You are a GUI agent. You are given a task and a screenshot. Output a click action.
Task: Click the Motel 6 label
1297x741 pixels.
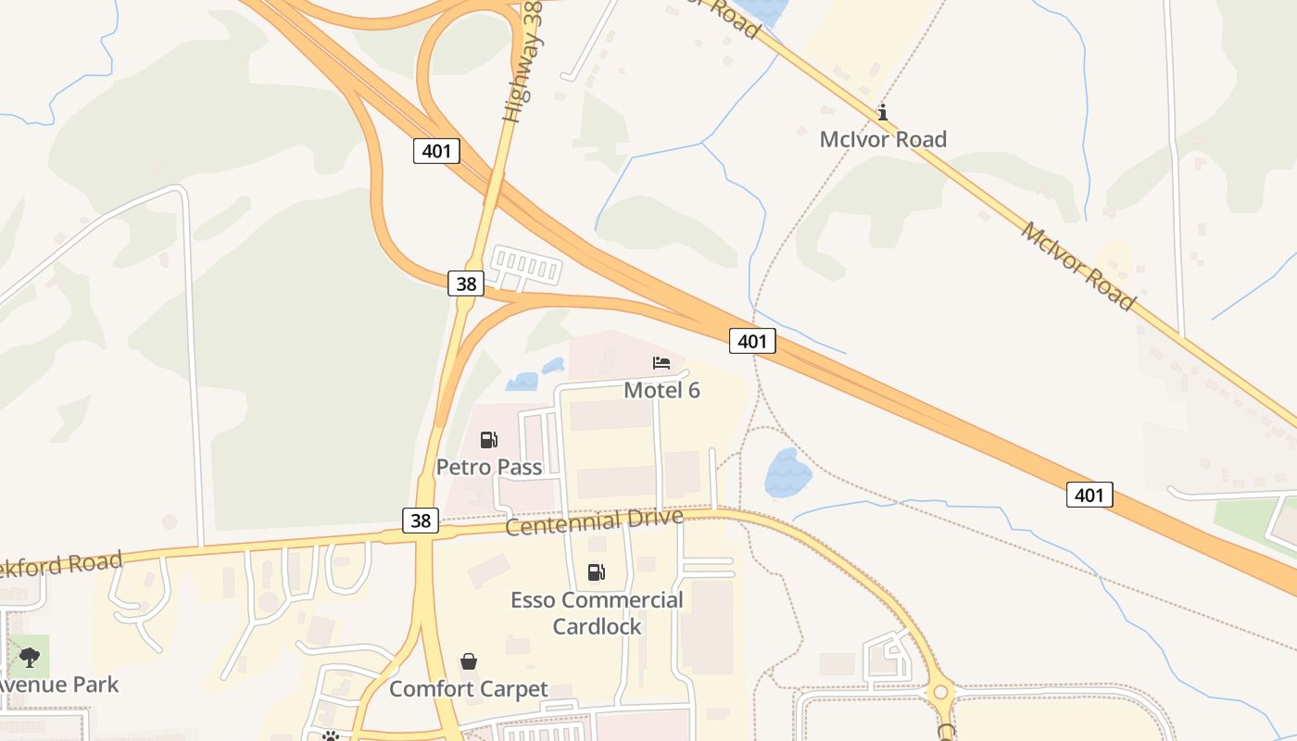coord(661,390)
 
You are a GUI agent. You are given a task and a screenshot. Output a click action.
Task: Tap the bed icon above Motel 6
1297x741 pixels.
coord(661,363)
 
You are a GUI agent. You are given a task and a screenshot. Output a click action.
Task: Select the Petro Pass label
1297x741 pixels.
coord(489,467)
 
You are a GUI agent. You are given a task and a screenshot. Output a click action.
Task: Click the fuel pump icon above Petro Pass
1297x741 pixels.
coord(488,440)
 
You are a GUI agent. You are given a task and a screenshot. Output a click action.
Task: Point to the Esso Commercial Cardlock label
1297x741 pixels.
coord(597,613)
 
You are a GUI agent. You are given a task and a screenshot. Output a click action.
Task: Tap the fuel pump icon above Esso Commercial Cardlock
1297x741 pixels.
coord(597,573)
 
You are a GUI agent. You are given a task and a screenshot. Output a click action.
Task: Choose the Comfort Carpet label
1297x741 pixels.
coord(469,689)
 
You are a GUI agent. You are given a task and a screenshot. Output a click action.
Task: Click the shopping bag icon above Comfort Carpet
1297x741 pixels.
coord(469,661)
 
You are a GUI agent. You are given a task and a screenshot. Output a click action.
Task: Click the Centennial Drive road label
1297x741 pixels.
coord(595,521)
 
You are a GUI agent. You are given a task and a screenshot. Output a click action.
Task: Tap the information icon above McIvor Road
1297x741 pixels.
coord(883,113)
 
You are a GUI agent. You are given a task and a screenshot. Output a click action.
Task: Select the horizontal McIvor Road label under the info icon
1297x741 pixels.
coord(883,140)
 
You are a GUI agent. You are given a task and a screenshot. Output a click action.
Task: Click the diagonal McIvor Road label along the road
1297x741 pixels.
coord(1077,265)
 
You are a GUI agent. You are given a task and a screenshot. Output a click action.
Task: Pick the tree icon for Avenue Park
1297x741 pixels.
coord(30,658)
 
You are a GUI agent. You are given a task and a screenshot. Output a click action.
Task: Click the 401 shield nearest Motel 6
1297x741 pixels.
coord(751,341)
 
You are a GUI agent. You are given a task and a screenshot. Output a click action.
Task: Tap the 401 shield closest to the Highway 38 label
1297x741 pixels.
coord(436,151)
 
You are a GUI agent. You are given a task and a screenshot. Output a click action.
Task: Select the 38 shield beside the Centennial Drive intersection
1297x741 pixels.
coord(421,521)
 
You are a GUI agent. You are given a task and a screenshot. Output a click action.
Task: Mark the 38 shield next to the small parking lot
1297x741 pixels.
coord(466,283)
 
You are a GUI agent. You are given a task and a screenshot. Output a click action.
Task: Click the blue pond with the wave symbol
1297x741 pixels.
coord(787,472)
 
